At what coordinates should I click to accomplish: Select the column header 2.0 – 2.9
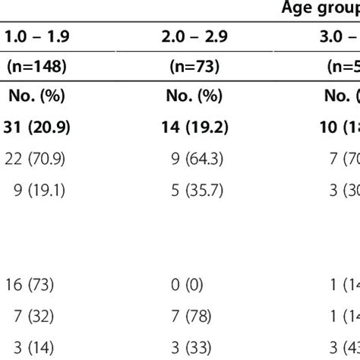coord(194,37)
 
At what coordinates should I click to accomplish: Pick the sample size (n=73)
coord(194,67)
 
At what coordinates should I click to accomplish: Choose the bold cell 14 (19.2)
coord(194,128)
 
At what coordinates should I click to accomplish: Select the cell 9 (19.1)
coord(36,191)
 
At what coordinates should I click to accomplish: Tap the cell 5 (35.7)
coord(194,191)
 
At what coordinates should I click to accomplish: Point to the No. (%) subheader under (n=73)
coord(194,97)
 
